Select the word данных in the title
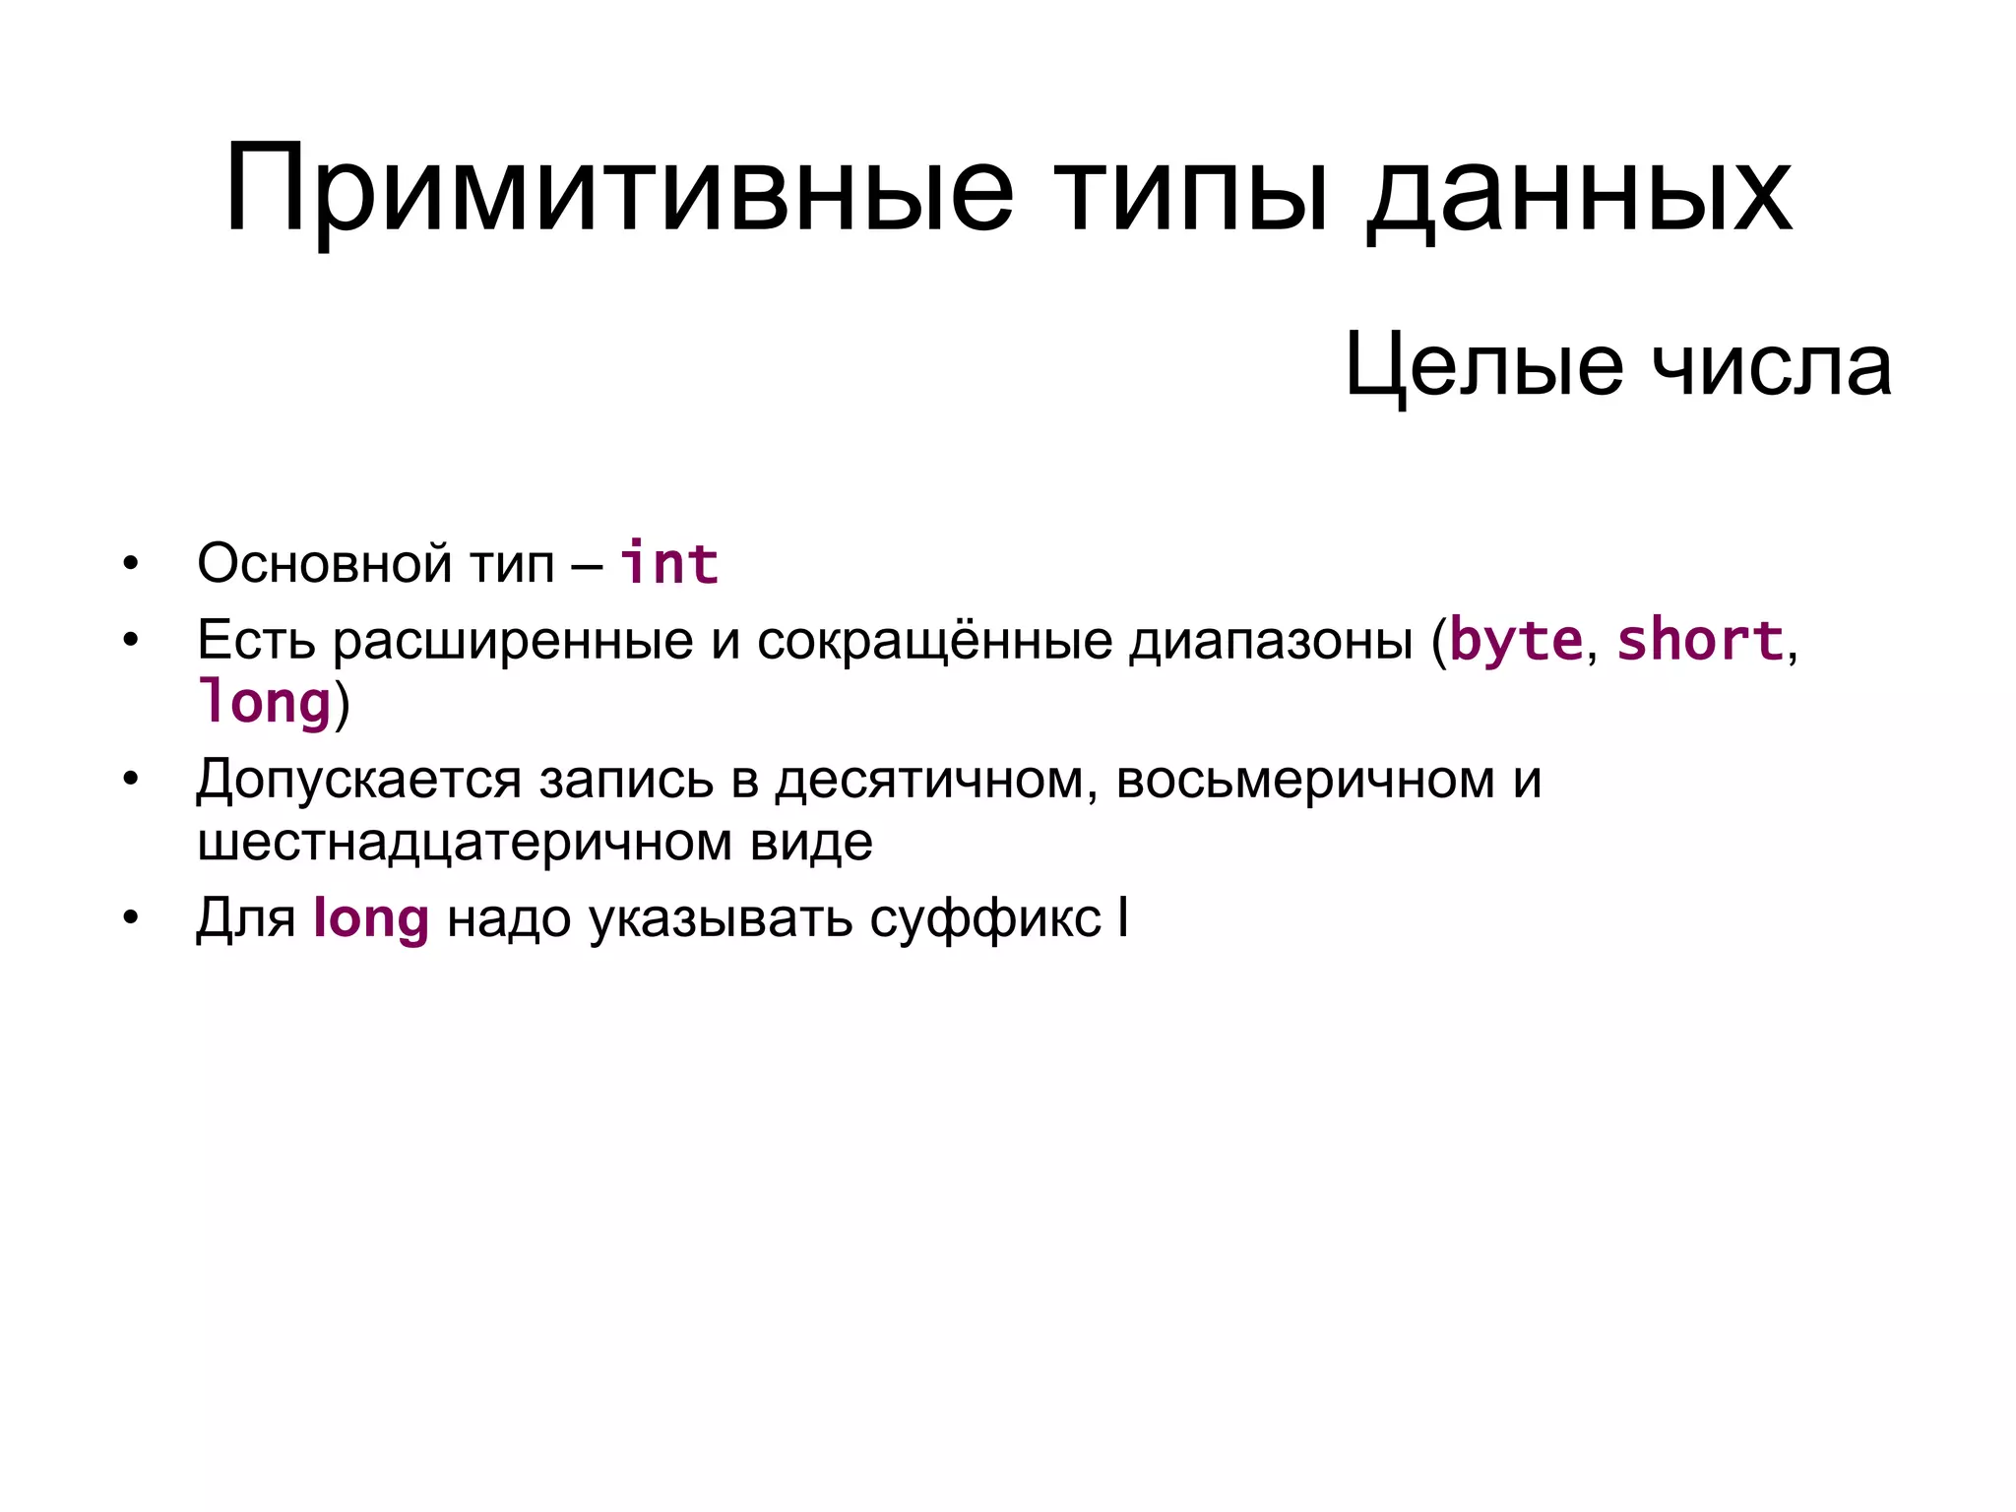click(x=1580, y=189)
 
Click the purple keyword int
click(x=669, y=564)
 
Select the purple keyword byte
click(x=1516, y=641)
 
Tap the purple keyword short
click(x=1700, y=641)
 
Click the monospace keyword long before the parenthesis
click(x=264, y=703)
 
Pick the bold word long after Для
click(x=371, y=919)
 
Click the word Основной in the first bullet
click(x=325, y=564)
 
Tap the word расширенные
click(x=513, y=641)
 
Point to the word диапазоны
click(x=1270, y=641)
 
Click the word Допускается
click(x=358, y=780)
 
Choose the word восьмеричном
click(x=1305, y=780)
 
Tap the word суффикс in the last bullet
click(x=984, y=919)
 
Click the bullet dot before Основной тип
click(x=131, y=564)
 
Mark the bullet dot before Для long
click(x=131, y=919)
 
